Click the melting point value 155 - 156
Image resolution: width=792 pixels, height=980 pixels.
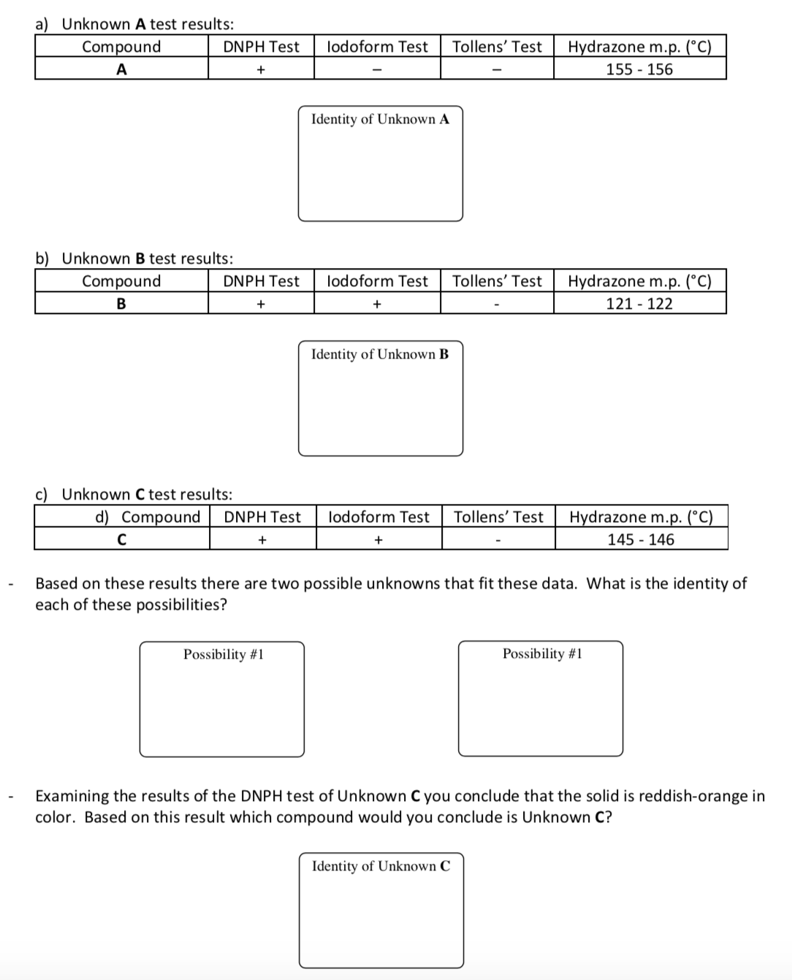(639, 69)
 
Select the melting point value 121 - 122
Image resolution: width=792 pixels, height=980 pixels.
(639, 304)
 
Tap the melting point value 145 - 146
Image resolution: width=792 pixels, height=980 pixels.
(641, 540)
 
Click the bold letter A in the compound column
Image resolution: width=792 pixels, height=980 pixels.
(121, 69)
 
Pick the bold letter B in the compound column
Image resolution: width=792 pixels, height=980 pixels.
(121, 304)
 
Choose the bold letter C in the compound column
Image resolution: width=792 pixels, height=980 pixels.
(121, 540)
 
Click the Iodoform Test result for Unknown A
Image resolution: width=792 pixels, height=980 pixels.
(377, 70)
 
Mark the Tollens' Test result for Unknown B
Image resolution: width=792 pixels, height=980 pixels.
(497, 305)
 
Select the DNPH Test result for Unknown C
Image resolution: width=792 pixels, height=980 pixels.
(262, 540)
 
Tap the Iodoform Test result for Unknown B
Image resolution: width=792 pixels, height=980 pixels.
(377, 305)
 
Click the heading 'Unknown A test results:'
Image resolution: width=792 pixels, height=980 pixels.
(148, 24)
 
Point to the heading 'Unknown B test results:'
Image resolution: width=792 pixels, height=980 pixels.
(147, 259)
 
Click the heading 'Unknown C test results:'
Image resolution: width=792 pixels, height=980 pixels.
(147, 494)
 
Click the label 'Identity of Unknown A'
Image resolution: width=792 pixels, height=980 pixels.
(380, 119)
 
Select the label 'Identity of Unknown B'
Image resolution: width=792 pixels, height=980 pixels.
(380, 354)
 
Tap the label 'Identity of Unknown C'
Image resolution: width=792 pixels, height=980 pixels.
(381, 866)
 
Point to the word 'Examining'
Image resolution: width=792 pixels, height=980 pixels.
(72, 796)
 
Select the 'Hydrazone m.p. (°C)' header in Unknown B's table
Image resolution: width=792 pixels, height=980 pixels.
(639, 281)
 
